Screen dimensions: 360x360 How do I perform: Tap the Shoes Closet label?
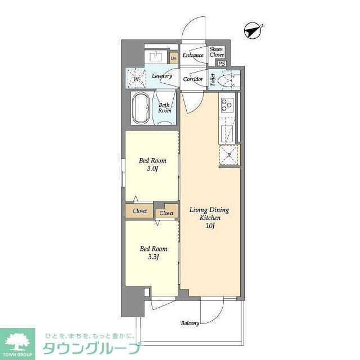click(x=217, y=52)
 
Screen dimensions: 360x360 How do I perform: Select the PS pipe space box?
click(x=222, y=64)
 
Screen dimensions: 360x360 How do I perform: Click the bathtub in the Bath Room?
click(x=140, y=107)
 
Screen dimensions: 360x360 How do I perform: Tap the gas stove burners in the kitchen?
click(x=227, y=104)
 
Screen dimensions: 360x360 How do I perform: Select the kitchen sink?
click(x=227, y=133)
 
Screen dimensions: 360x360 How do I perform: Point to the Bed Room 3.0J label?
click(x=151, y=164)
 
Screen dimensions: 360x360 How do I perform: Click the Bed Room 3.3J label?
click(x=151, y=253)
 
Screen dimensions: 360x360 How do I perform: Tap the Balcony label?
click(x=190, y=323)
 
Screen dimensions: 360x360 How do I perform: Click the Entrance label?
click(x=192, y=56)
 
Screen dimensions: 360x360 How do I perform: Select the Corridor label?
click(x=193, y=79)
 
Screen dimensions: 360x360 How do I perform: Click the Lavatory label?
click(x=162, y=76)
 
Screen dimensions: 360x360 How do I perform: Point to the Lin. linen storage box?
click(x=174, y=57)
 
